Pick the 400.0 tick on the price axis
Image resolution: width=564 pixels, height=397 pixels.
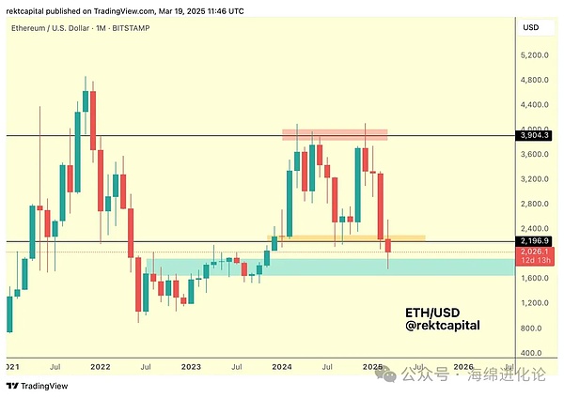(535, 353)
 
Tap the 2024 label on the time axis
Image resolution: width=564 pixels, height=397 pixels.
(282, 366)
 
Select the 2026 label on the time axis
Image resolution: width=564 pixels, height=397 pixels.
(463, 366)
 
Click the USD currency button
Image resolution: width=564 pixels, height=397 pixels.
(531, 28)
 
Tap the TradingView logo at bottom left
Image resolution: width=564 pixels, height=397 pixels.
(31, 386)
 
